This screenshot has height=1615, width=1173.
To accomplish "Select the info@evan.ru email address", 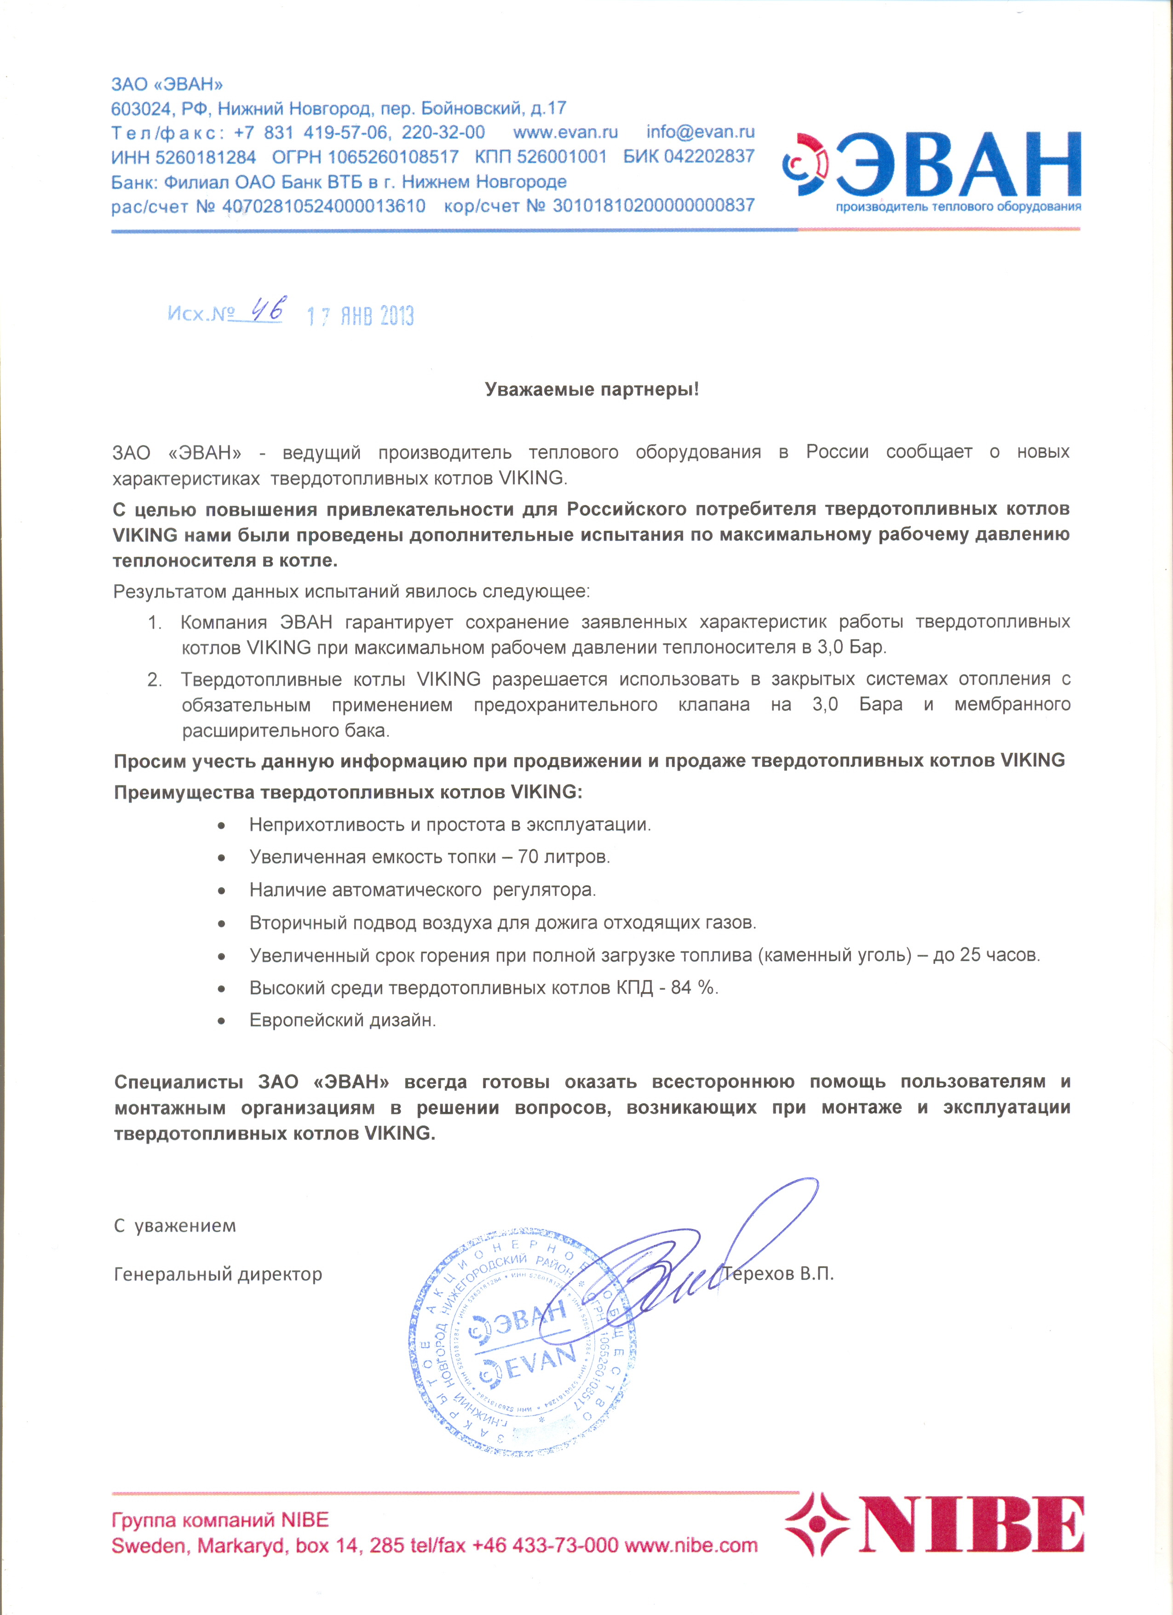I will [x=701, y=132].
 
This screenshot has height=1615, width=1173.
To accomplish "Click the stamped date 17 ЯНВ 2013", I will [x=360, y=316].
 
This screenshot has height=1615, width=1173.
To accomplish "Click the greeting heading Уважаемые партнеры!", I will [x=592, y=390].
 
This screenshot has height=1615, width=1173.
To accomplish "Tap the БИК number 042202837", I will [x=708, y=156].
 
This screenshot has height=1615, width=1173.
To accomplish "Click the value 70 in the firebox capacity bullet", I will [x=528, y=857].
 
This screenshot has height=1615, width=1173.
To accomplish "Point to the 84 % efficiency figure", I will [x=693, y=988].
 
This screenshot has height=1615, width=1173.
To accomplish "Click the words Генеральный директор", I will [x=218, y=1274].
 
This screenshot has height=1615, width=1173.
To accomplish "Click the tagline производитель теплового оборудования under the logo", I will [x=958, y=207].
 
